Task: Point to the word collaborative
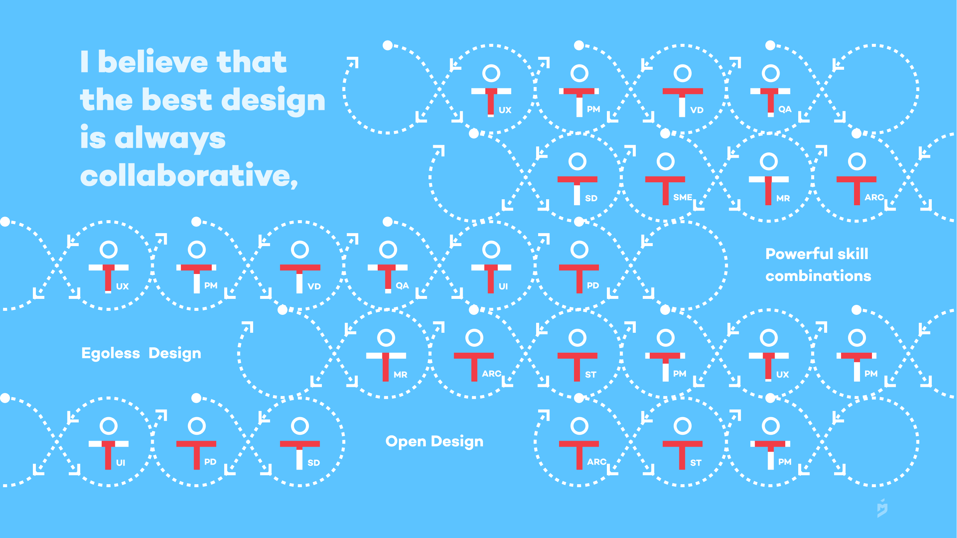click(189, 175)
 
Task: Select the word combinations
click(818, 276)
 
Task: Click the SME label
click(683, 197)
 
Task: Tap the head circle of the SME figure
click(665, 161)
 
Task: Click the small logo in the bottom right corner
click(882, 508)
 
